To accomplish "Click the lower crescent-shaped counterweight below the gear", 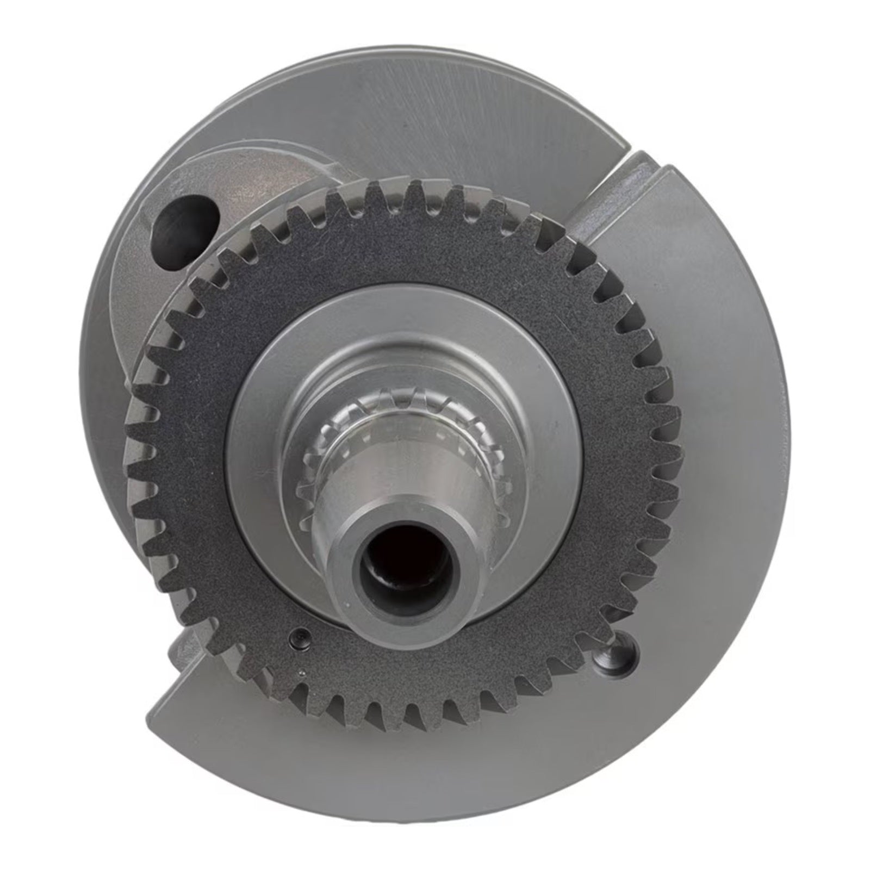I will tap(435, 772).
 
